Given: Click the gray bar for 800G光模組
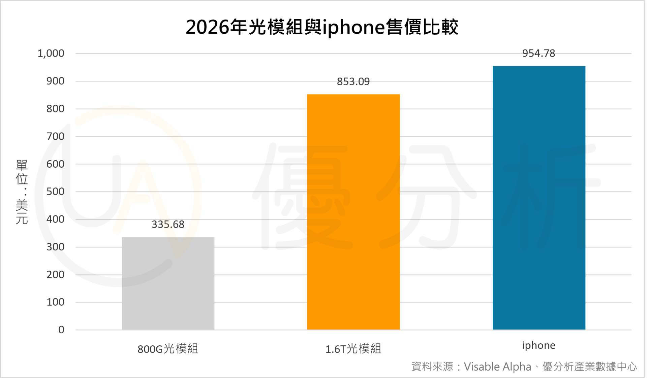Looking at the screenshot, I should pos(168,283).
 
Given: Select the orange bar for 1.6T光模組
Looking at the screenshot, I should pos(353,212).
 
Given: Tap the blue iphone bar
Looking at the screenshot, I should pos(538,198).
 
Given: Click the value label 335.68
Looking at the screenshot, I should pos(168,224).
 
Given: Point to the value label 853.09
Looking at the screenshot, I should pos(353,81).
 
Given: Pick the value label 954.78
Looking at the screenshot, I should pos(538,53).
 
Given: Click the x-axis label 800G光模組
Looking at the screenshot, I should pos(168,349).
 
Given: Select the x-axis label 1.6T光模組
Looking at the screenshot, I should pos(353,349).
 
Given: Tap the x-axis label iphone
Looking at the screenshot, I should pos(538,345).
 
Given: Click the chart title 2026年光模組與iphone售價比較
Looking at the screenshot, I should pos(322,27).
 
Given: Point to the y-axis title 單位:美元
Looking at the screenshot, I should pos(22,192).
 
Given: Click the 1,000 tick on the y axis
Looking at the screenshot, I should pos(51,53).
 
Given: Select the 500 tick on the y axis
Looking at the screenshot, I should pos(55,192).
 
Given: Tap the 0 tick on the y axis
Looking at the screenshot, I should pos(61,330).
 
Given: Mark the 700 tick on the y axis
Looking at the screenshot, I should pos(55,136).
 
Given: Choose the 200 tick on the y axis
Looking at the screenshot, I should pos(55,275).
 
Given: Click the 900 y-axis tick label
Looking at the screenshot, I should pos(55,81).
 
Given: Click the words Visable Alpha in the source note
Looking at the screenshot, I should pos(497,367).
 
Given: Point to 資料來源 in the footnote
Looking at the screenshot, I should pos(432,367).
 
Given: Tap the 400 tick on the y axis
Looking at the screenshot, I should pos(55,219).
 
